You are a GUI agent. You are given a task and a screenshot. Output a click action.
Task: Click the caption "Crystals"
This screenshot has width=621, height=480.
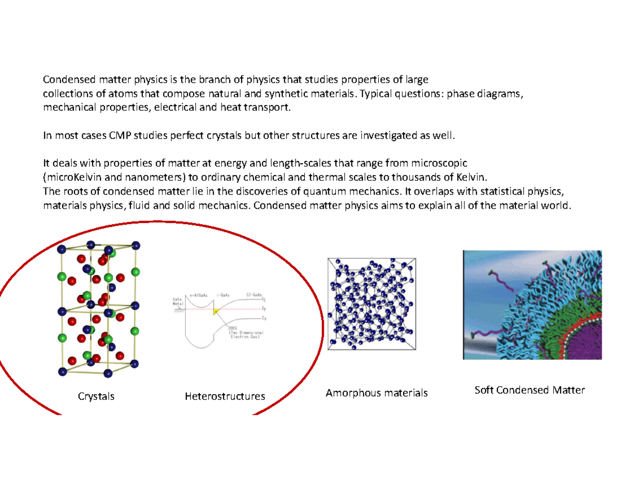click(x=96, y=397)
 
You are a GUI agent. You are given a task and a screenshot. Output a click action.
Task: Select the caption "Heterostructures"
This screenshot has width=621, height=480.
click(x=225, y=397)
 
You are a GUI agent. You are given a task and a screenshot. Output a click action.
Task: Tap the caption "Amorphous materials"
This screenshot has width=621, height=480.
click(x=376, y=394)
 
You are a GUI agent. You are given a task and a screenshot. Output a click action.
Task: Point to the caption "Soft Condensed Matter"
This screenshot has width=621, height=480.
click(x=529, y=390)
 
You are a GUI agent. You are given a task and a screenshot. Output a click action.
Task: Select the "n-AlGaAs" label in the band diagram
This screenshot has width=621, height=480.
click(x=199, y=294)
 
